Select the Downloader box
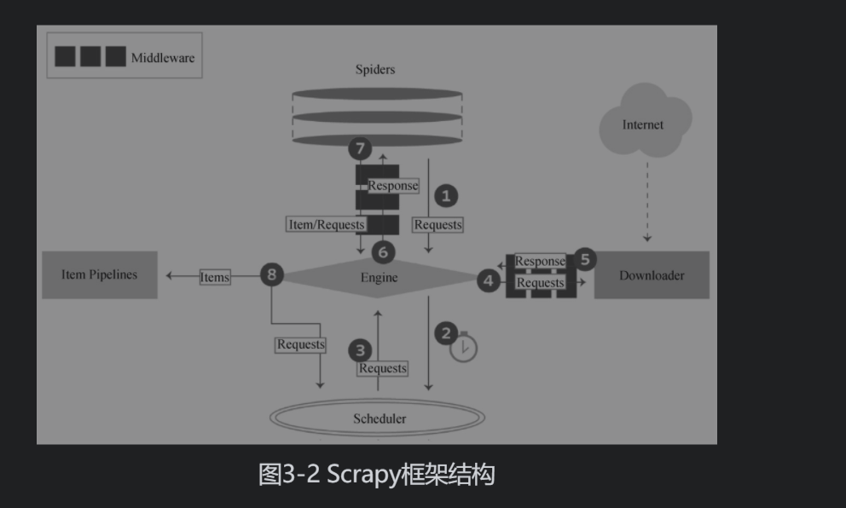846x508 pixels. pyautogui.click(x=652, y=275)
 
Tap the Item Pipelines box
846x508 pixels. pyautogui.click(x=99, y=274)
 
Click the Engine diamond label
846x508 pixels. pyautogui.click(x=379, y=277)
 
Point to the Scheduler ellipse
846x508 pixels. pyautogui.click(x=379, y=418)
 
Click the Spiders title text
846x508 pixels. pyautogui.click(x=375, y=70)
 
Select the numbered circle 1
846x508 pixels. pyautogui.click(x=446, y=196)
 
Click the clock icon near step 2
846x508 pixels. pyautogui.click(x=464, y=348)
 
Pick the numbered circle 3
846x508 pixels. pyautogui.click(x=361, y=349)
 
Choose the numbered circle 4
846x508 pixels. pyautogui.click(x=488, y=280)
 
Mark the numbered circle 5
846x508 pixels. pyautogui.click(x=584, y=259)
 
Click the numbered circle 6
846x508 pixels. pyautogui.click(x=383, y=251)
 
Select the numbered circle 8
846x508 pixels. pyautogui.click(x=271, y=274)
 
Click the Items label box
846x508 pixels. pyautogui.click(x=215, y=277)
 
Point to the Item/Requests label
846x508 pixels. pyautogui.click(x=326, y=225)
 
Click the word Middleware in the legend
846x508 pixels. pyautogui.click(x=163, y=58)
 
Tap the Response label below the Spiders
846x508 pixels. pyautogui.click(x=393, y=185)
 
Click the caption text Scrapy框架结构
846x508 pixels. pyautogui.click(x=377, y=475)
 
